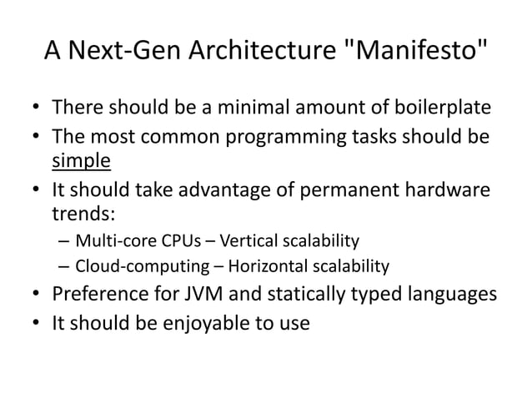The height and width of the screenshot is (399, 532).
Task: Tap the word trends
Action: point(81,211)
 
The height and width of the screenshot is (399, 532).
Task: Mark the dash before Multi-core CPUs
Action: point(65,242)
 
